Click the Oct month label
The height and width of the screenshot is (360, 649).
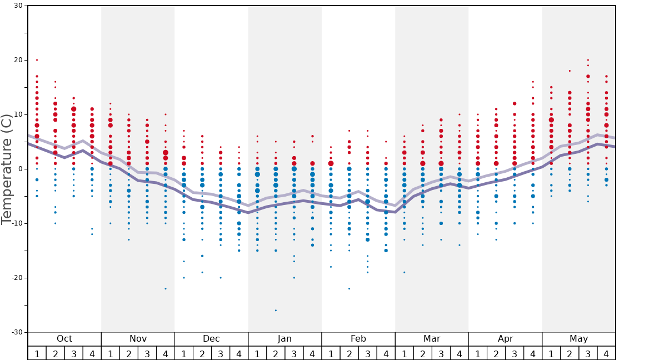tap(64, 339)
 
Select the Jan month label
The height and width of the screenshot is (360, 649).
tap(284, 339)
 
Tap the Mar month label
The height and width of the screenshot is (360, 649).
tap(432, 339)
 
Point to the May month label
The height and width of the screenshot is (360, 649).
tap(578, 339)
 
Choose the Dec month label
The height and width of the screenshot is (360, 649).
tap(211, 339)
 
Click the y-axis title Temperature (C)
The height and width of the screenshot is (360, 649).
tap(7, 169)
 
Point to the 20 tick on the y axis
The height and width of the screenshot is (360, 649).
tap(18, 60)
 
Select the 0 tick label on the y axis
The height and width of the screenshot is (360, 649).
tap(19, 169)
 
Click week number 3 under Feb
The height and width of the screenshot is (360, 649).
tap(367, 353)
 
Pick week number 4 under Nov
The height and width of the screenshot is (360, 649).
tap(166, 353)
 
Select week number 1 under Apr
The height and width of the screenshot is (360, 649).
tap(477, 353)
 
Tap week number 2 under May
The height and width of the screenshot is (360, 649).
tap(570, 353)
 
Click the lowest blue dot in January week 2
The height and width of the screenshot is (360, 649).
tap(276, 311)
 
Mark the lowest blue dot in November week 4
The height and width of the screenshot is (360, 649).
tap(166, 289)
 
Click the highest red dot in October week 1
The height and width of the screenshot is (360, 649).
tap(37, 60)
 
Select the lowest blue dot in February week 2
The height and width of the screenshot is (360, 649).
tap(349, 289)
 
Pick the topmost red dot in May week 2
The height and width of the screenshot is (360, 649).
tap(570, 71)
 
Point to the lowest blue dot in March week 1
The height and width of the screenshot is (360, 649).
tap(404, 272)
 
